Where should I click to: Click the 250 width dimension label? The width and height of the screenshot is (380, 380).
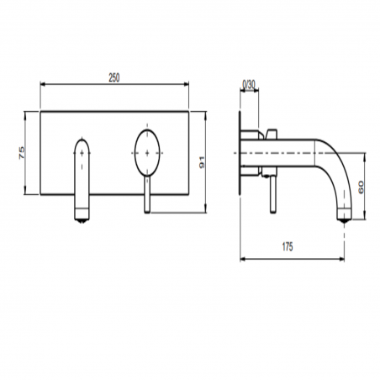click(x=114, y=77)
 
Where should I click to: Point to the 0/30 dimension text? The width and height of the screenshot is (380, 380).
click(x=250, y=84)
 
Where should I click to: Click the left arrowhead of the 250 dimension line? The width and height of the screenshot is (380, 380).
click(x=43, y=85)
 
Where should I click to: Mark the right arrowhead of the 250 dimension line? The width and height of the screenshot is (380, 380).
click(x=187, y=85)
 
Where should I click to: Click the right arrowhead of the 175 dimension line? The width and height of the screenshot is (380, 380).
click(x=345, y=257)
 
